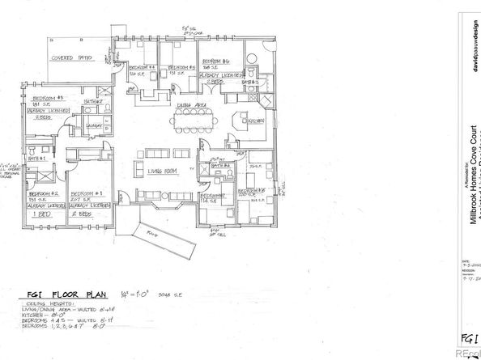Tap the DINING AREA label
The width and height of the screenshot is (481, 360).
point(189,105)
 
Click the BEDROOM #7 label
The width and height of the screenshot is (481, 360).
point(213,196)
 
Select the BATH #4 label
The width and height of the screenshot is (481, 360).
point(223,165)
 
